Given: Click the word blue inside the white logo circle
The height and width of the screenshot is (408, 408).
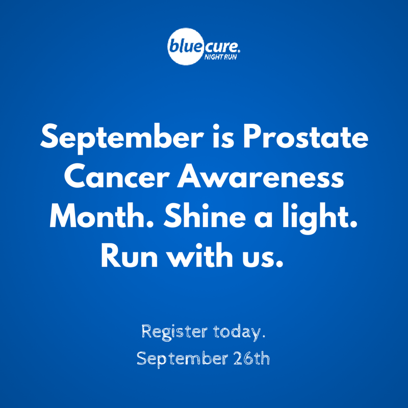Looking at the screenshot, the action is tap(185, 46).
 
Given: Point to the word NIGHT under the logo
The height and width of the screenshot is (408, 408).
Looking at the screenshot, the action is tap(212, 57).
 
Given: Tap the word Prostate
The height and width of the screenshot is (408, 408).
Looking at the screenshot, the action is tap(305, 136).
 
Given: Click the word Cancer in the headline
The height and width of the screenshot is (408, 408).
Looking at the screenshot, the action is tap(117, 177).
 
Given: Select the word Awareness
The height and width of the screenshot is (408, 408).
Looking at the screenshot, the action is tap(261, 177).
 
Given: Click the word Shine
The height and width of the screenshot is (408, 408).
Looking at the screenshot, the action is tap(205, 216).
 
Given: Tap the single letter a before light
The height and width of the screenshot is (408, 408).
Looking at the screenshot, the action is tap(263, 219).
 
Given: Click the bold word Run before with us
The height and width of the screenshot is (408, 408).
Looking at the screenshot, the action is tap(130, 256).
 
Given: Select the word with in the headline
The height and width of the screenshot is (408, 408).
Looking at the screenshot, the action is tap(200, 255).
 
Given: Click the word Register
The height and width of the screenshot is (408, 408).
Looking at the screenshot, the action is tap(174, 333).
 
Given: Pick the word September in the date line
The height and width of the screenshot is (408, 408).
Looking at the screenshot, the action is tap(182, 359).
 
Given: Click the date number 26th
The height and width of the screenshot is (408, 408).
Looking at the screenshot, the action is tap(251, 359).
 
